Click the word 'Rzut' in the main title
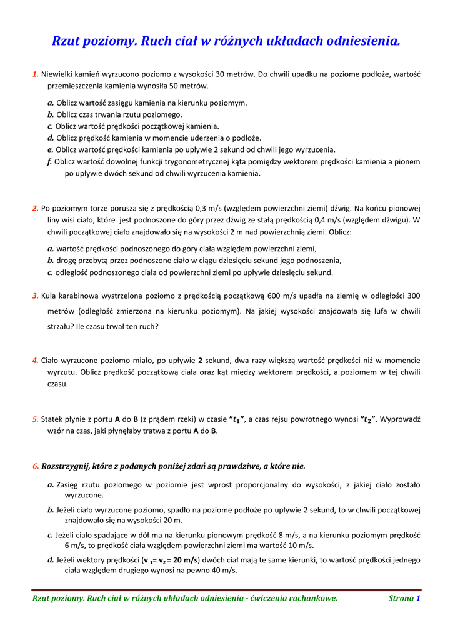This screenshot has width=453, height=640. (67, 42)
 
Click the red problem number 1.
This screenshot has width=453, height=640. (35, 74)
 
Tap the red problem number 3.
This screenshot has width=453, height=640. (35, 296)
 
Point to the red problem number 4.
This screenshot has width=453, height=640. (35, 361)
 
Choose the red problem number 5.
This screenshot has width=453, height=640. (35, 419)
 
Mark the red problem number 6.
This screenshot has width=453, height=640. (35, 466)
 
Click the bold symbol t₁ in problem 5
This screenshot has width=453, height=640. (236, 419)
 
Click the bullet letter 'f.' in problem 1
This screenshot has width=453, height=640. (49, 161)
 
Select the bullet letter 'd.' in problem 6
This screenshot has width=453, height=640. (50, 560)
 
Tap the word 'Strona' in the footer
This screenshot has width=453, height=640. (401, 598)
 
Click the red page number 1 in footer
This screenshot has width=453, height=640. (418, 598)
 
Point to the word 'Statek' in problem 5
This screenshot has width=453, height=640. (53, 419)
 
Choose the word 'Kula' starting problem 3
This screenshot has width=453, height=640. (51, 296)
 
